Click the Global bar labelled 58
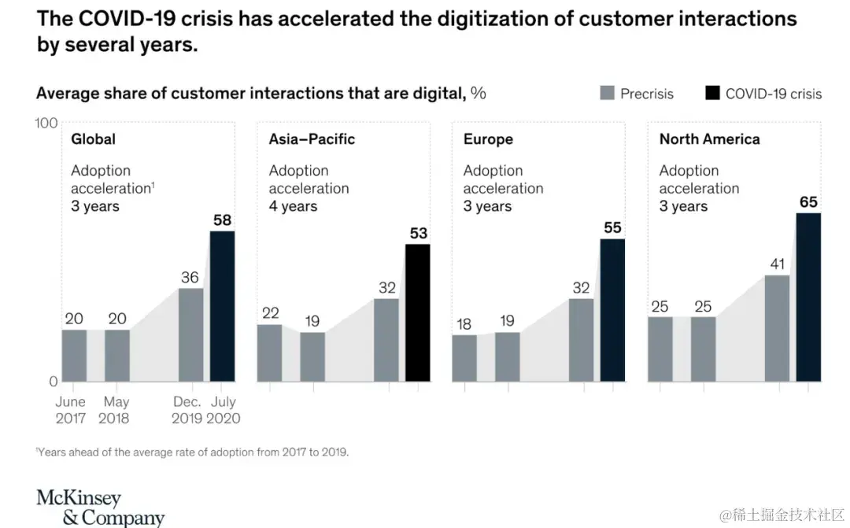click(222, 306)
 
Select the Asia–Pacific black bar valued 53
click(417, 312)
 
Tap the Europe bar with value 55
click(612, 310)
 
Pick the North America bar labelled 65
click(808, 297)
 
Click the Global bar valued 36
click(191, 334)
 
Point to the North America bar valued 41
click(777, 328)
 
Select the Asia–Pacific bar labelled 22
click(269, 353)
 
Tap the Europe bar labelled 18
click(464, 358)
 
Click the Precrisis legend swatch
click(607, 94)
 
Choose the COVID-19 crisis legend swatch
click(712, 94)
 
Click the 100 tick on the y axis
click(46, 124)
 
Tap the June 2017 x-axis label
click(70, 410)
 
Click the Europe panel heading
click(488, 139)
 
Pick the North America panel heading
click(709, 139)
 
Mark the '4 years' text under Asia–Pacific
click(293, 206)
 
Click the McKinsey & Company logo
click(100, 508)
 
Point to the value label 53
click(418, 233)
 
